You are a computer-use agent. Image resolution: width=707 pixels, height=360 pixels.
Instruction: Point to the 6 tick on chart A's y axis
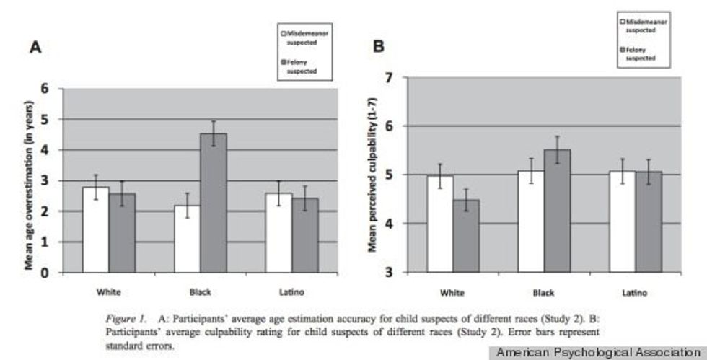48,89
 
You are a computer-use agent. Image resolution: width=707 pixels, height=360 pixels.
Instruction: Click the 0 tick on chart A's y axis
48,273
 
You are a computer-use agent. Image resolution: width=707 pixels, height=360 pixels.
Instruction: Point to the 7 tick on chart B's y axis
390,77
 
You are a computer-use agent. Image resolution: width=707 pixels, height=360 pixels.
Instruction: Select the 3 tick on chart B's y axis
390,273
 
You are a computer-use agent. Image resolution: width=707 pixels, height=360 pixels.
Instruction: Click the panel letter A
34,48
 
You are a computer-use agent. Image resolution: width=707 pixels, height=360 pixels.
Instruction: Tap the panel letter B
377,48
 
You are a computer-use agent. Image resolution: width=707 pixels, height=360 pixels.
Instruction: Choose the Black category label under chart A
199,292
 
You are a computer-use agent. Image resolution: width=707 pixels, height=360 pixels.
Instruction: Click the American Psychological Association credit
598,352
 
